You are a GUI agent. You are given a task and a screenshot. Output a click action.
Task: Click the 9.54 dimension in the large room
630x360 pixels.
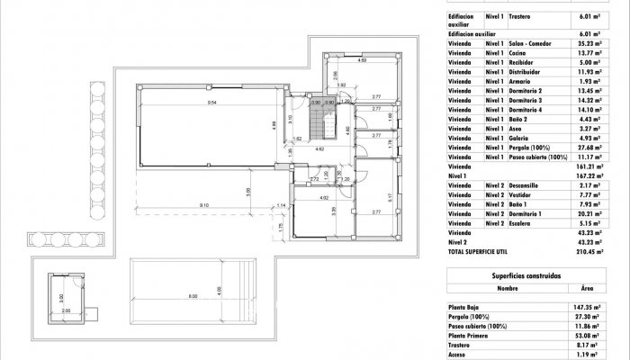click(x=211, y=104)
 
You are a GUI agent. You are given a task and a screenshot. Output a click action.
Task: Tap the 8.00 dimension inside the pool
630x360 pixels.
click(x=192, y=296)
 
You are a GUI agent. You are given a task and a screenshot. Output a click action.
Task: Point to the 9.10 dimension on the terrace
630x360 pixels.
click(x=205, y=206)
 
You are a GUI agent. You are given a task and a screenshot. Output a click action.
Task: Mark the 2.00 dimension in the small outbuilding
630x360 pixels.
click(x=66, y=310)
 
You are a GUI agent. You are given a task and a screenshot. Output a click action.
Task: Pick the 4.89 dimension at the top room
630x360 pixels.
click(x=362, y=61)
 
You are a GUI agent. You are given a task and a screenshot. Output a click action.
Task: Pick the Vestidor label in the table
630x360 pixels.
click(x=523, y=194)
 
